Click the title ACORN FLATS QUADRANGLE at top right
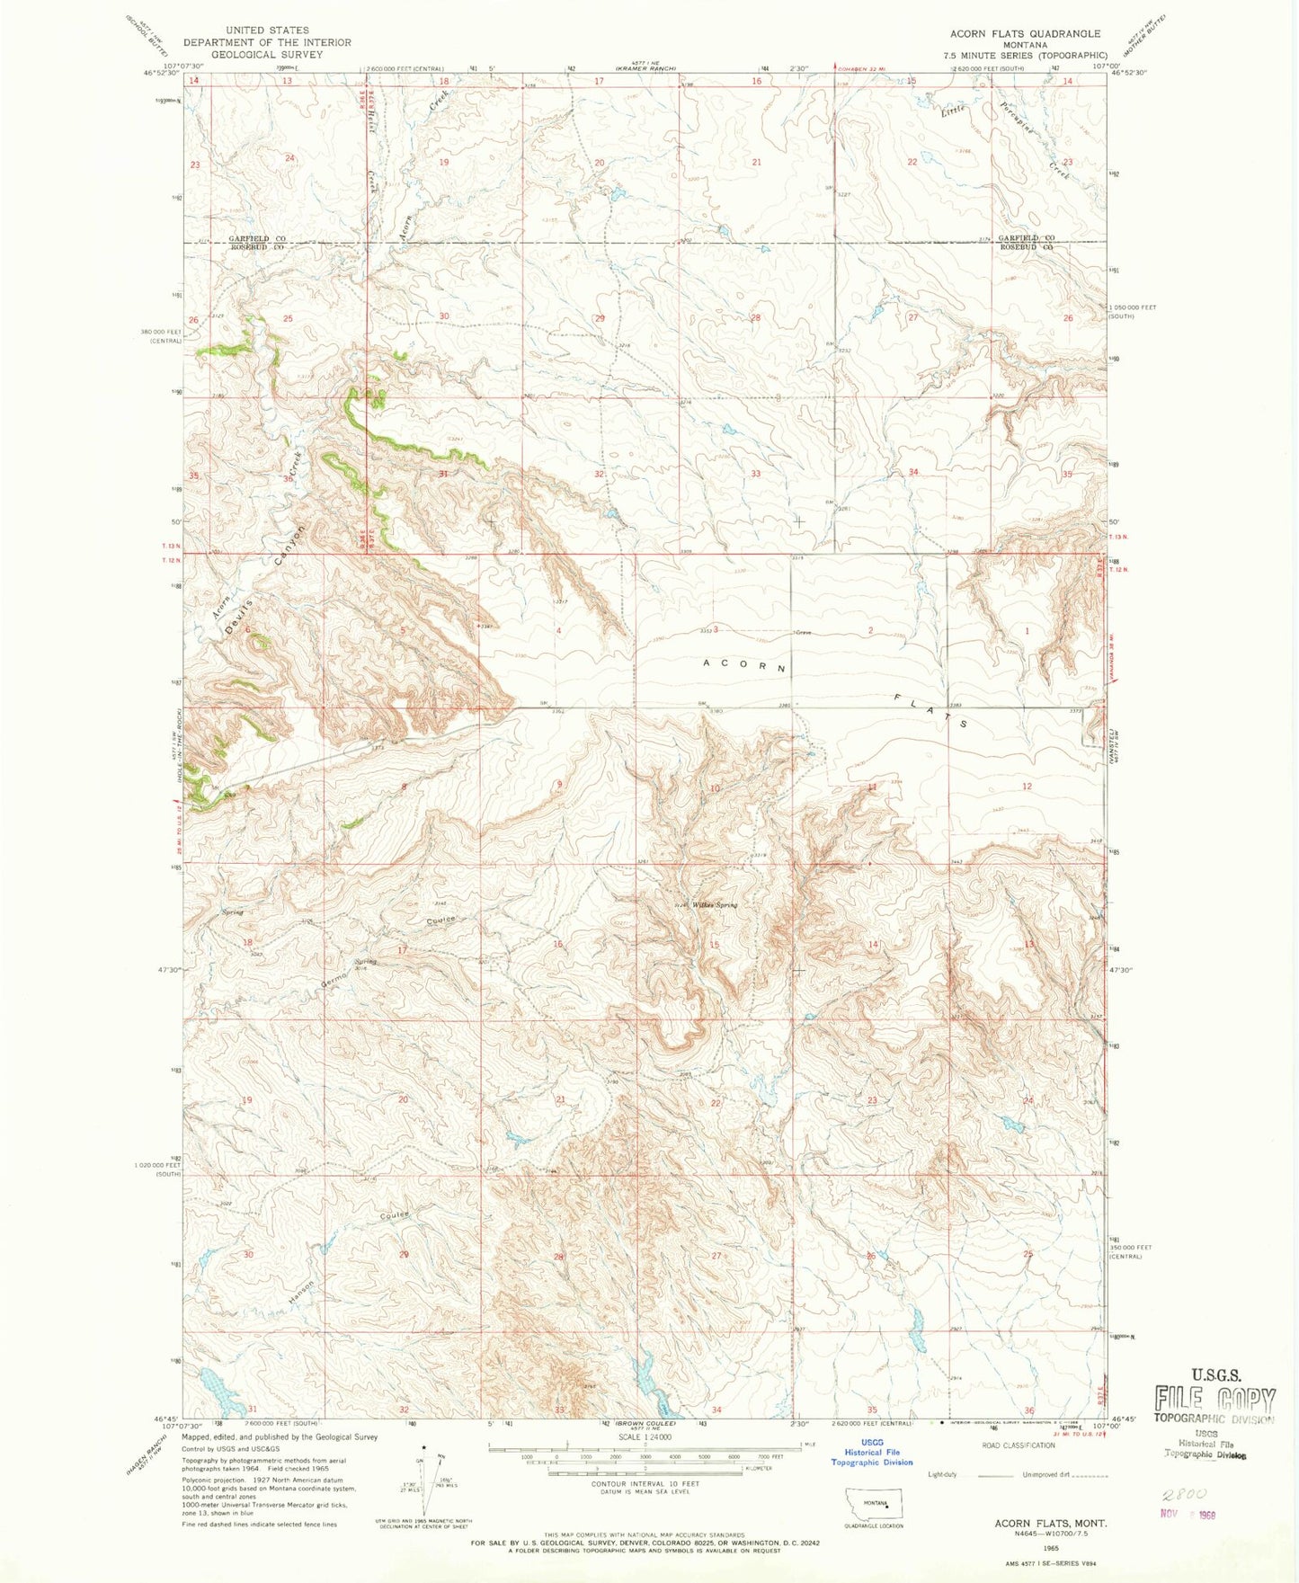pyautogui.click(x=1025, y=33)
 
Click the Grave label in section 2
pyautogui.click(x=803, y=633)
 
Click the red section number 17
pyautogui.click(x=403, y=949)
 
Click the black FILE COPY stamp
pyautogui.click(x=1214, y=1399)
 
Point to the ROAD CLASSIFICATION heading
pyautogui.click(x=1018, y=1445)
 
